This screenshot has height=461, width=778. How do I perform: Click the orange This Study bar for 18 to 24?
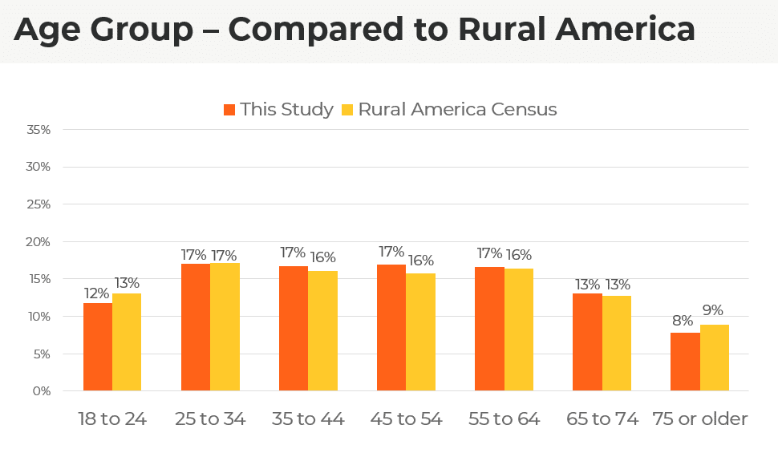[x=97, y=347]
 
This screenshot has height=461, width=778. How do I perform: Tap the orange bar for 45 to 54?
[x=391, y=328]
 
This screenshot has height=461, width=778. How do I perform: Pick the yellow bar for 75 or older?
[x=715, y=358]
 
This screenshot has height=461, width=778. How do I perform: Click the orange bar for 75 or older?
[x=685, y=362]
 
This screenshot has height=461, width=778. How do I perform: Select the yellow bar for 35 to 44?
[x=322, y=331]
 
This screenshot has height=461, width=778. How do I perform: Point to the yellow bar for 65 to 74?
[x=617, y=344]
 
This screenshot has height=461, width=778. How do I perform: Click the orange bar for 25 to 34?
[x=196, y=327]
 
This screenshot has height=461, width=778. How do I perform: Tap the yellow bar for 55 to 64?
[x=519, y=330]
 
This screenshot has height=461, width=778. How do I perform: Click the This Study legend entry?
[x=278, y=110]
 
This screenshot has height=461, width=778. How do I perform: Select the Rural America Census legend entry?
[x=449, y=110]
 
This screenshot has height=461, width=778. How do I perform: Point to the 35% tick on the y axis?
[x=38, y=130]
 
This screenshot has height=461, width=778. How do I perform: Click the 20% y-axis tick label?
[x=38, y=242]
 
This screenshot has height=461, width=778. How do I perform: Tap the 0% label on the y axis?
[x=42, y=391]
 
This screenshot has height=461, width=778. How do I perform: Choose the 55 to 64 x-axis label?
[x=504, y=419]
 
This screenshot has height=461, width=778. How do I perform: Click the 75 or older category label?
[x=699, y=419]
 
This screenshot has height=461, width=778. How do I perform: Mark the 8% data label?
[x=684, y=321]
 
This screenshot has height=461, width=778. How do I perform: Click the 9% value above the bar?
[x=714, y=310]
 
